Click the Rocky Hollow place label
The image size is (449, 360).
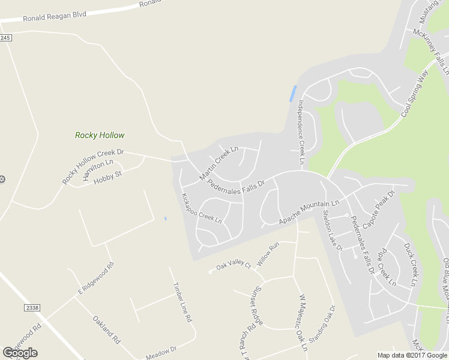point(100,135)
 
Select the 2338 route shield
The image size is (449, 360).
point(32,308)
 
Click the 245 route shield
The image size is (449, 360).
point(5,38)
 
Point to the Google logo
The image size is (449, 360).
point(20,353)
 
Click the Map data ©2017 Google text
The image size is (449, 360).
point(412,355)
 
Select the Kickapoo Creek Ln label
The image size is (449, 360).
point(202,208)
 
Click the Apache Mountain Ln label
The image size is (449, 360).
point(309,212)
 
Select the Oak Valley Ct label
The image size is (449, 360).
point(234,266)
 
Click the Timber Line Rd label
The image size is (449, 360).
point(182,303)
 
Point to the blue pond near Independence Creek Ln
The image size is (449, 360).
point(293,93)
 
